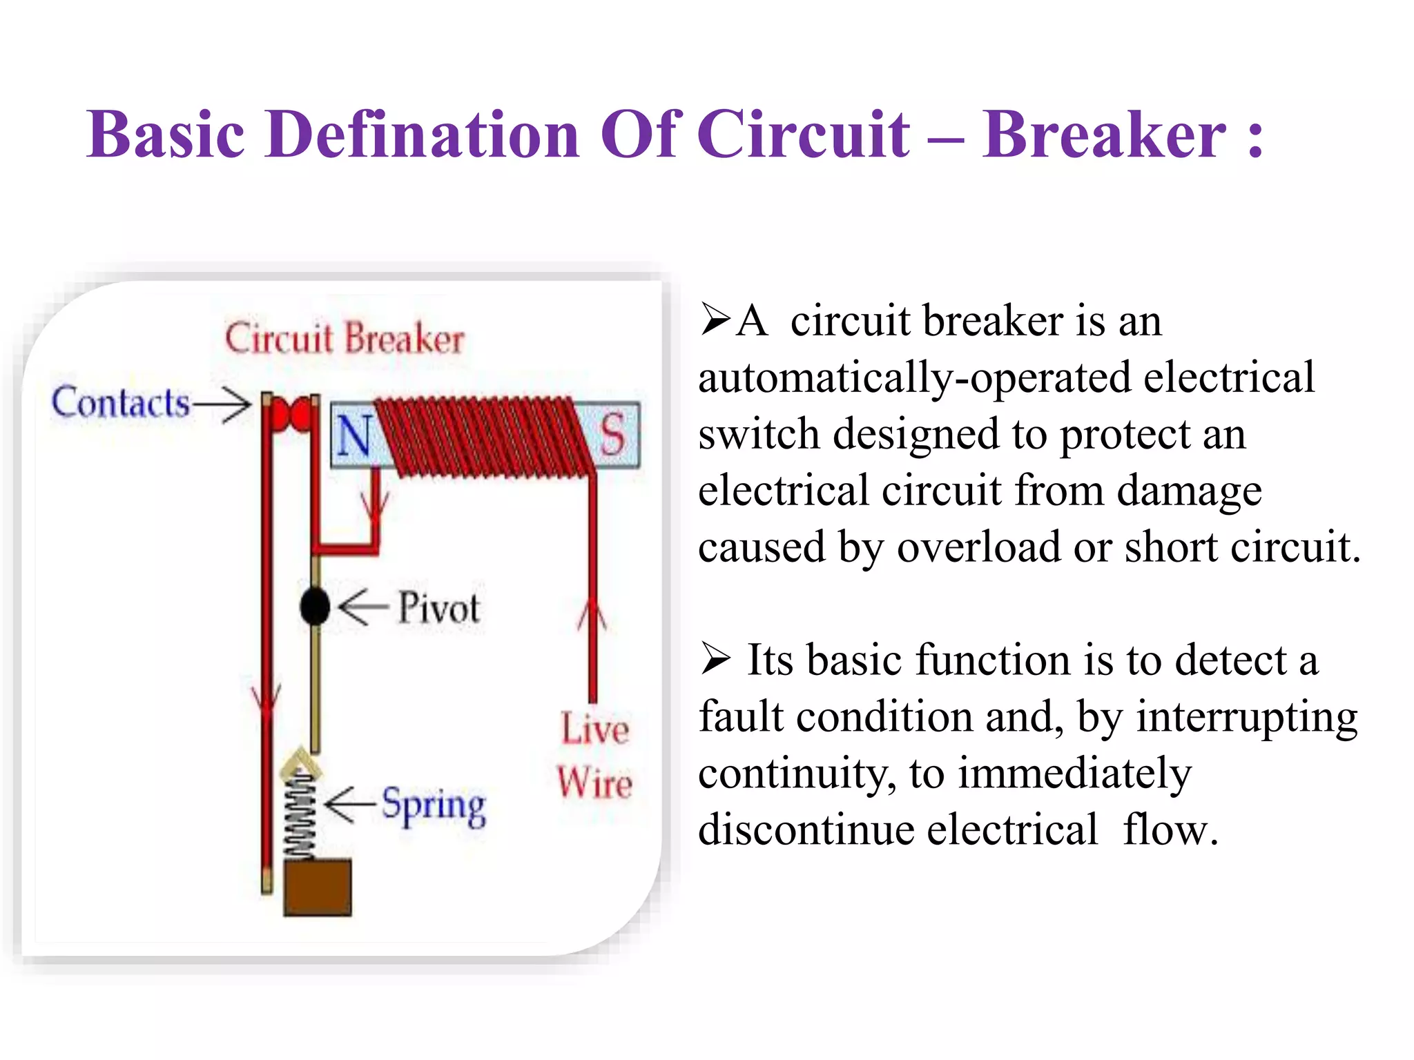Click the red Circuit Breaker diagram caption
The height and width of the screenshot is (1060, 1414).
point(345,338)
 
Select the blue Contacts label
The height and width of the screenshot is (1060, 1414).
point(120,402)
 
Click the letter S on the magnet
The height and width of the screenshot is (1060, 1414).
point(612,435)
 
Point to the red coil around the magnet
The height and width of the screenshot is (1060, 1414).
point(483,438)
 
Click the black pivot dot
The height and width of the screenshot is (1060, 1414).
point(315,607)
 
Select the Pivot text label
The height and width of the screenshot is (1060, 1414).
point(438,609)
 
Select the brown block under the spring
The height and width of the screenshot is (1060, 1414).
point(318,887)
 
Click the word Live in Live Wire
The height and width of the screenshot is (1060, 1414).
point(594,729)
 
